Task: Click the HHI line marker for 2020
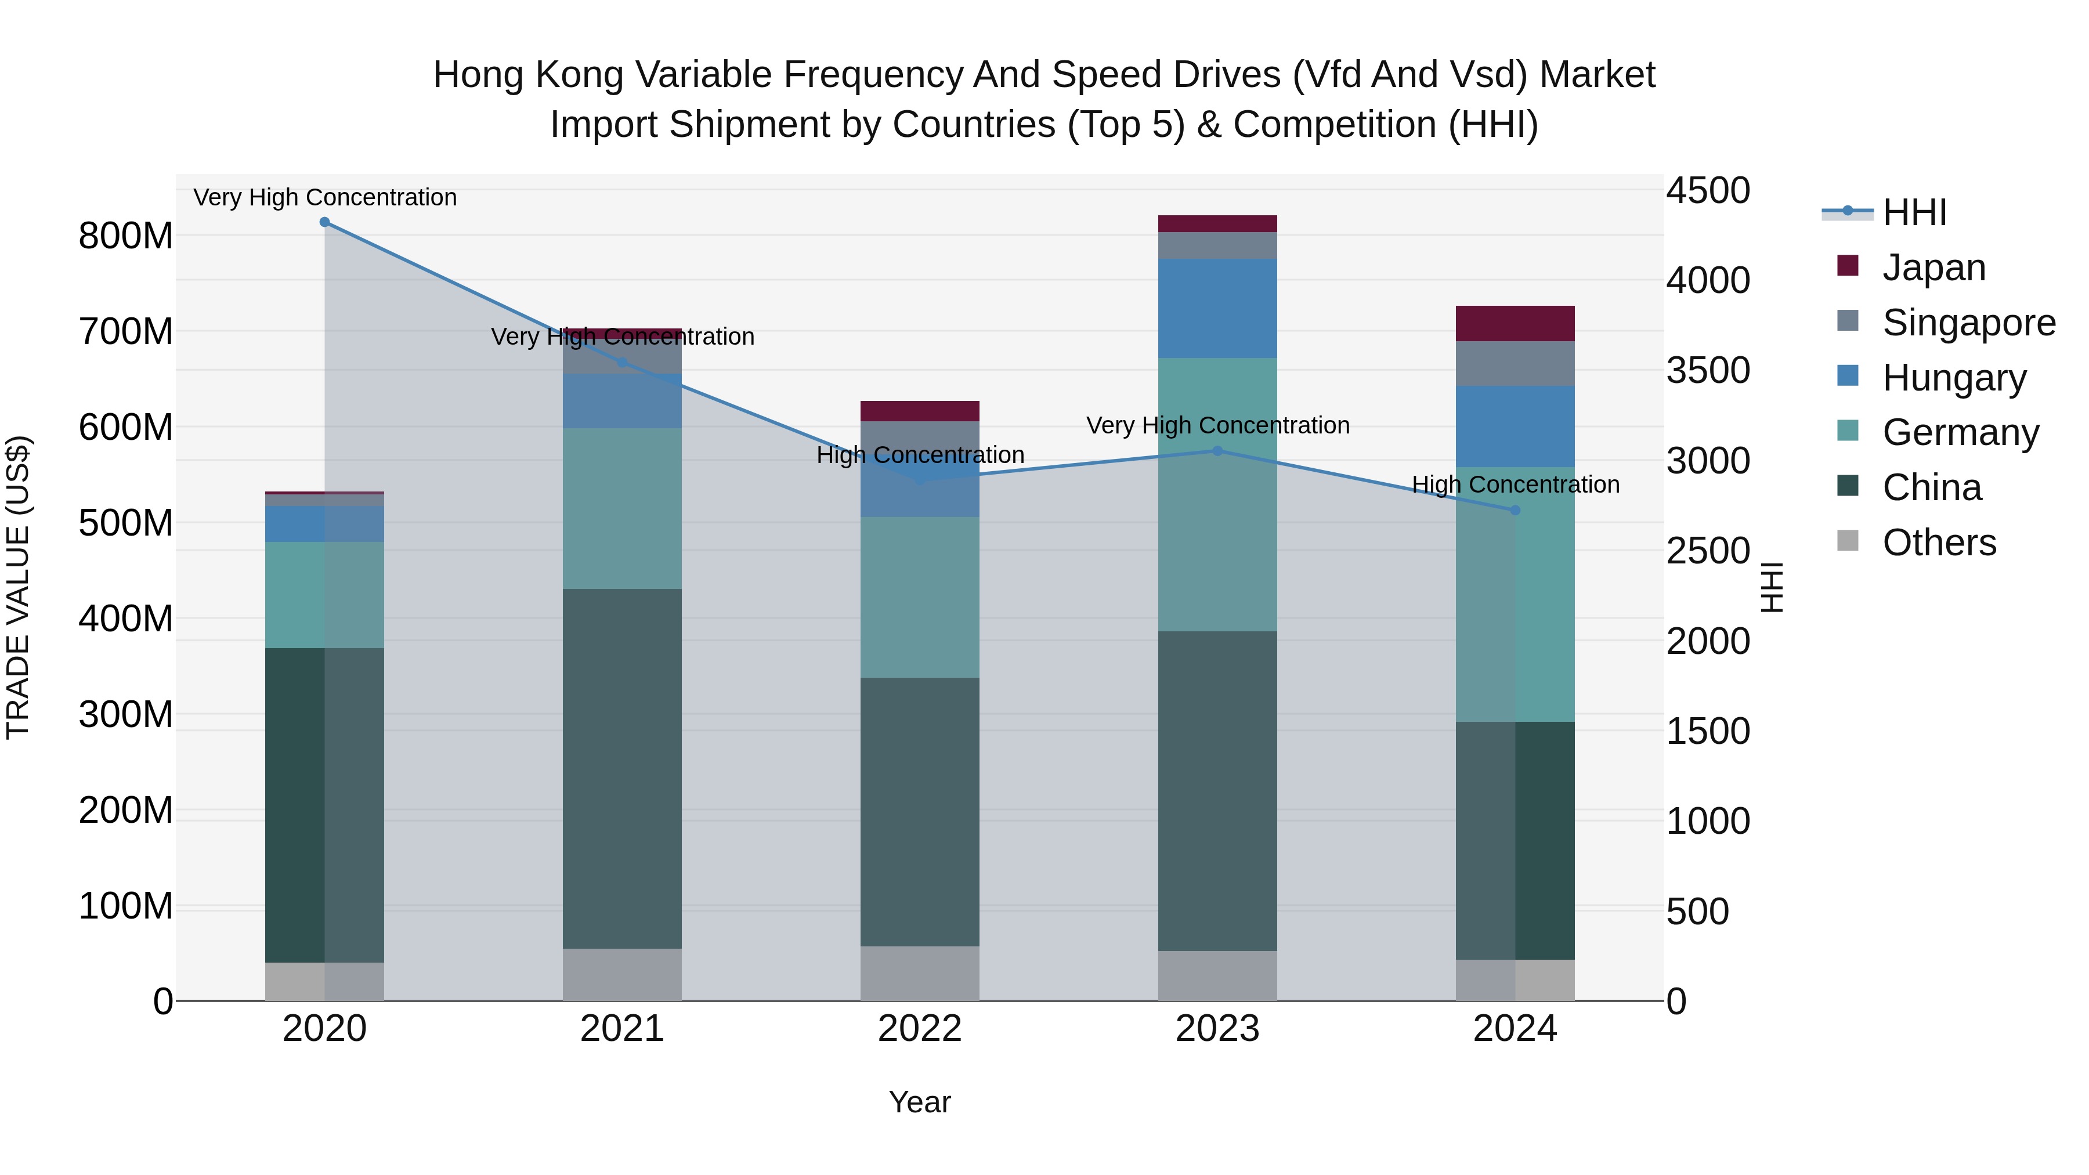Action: coord(324,222)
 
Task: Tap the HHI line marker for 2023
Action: coord(1217,451)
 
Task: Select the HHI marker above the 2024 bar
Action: coord(1515,510)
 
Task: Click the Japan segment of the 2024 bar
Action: coord(1515,324)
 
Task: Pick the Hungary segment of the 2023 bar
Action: coord(1217,308)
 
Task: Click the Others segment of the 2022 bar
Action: coord(920,973)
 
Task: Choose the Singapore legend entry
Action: coord(1968,323)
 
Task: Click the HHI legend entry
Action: coord(1914,212)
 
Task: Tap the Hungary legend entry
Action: coord(1954,378)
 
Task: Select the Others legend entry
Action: coord(1938,543)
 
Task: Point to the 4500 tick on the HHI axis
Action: coord(1708,191)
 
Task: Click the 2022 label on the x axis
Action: coord(920,1029)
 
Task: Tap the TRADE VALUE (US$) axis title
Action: coord(18,587)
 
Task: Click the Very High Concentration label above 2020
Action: coord(324,197)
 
